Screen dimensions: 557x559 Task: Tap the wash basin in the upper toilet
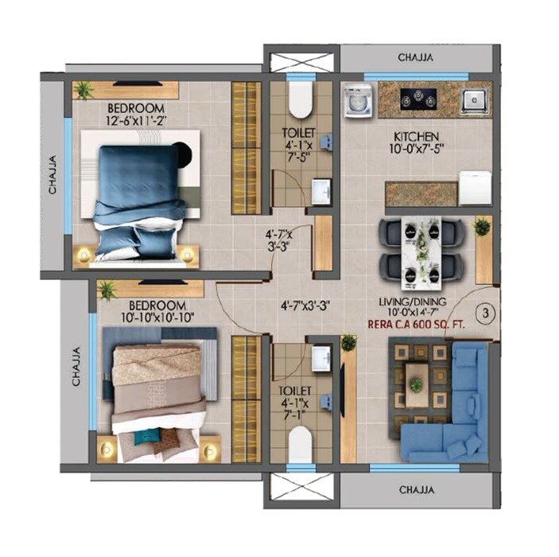tap(320, 192)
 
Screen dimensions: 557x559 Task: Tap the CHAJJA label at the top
tap(416, 58)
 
